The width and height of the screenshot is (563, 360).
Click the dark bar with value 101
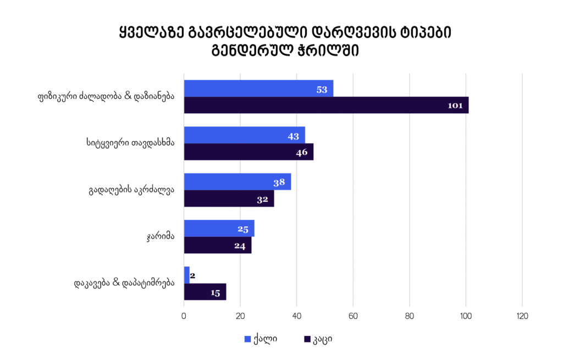coord(325,105)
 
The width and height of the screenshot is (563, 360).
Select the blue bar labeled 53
coord(258,88)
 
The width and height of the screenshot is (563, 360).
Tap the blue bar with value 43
coord(244,135)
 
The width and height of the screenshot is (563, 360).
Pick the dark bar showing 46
coord(249,152)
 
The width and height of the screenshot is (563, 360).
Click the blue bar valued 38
coord(237,182)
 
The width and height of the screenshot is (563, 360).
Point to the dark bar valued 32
coord(229,198)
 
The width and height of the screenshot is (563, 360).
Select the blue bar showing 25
coord(219,228)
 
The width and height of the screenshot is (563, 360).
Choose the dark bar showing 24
coord(217,245)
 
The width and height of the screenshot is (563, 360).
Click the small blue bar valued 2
coord(186,275)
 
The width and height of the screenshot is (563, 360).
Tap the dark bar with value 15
coord(205,292)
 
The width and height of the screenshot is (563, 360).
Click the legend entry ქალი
coord(261,339)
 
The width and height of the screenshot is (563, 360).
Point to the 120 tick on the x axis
coord(522,316)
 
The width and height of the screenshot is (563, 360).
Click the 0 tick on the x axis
coord(184,316)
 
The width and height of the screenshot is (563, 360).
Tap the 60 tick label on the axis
coord(353,316)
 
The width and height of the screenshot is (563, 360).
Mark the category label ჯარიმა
coord(161,237)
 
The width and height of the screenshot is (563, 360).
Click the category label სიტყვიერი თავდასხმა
coord(131,144)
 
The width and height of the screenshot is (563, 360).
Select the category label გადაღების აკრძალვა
coord(131,191)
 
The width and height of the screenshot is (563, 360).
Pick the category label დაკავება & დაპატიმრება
coord(124,284)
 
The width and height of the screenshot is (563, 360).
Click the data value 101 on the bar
coord(455,106)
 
